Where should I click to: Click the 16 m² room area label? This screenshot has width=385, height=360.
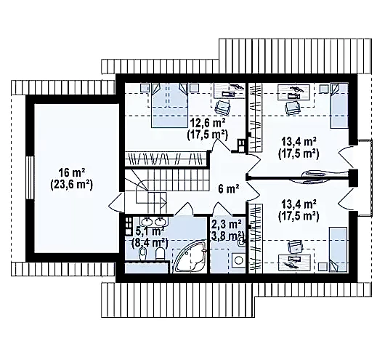point(72,173)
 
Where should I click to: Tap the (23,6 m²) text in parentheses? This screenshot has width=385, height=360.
point(72,184)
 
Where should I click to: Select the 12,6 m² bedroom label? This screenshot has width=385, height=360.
point(207,123)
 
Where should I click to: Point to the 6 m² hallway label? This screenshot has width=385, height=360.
point(228,189)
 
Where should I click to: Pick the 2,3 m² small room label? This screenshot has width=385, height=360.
point(226,224)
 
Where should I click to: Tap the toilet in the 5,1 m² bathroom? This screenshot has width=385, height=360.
point(161,253)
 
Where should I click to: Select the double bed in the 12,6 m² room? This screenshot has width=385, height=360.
point(169,105)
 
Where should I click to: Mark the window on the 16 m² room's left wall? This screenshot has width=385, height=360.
point(30,177)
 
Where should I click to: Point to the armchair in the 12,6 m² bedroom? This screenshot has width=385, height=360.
point(223,108)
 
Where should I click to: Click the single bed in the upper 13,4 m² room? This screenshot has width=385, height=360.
point(339,105)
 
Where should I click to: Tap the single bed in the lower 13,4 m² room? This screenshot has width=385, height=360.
point(338,249)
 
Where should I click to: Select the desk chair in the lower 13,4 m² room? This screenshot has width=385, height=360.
point(296,247)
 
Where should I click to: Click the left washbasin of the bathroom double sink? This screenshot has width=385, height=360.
point(147,221)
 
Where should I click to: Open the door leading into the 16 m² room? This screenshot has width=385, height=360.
point(116,201)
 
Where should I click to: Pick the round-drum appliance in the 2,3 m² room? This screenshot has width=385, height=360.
point(238,260)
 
